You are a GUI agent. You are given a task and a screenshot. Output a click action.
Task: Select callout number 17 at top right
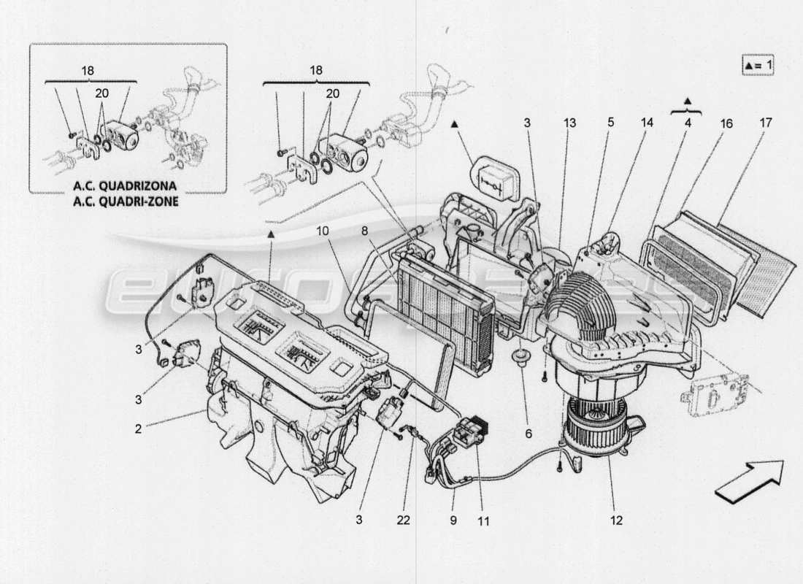pos(764,123)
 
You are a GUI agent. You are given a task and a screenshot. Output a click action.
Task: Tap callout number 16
pos(726,123)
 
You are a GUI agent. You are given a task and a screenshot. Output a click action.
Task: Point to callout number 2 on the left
pos(138,429)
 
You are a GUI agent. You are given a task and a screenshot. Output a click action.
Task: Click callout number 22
pos(404,521)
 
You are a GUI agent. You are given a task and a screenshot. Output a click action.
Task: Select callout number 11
pos(483,521)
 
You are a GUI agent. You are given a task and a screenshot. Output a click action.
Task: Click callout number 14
pos(646,123)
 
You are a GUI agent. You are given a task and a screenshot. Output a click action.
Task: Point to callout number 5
pos(610,123)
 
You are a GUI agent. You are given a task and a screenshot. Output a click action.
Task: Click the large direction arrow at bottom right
pos(748,483)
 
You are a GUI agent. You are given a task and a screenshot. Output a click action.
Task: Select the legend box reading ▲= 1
pos(758,65)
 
